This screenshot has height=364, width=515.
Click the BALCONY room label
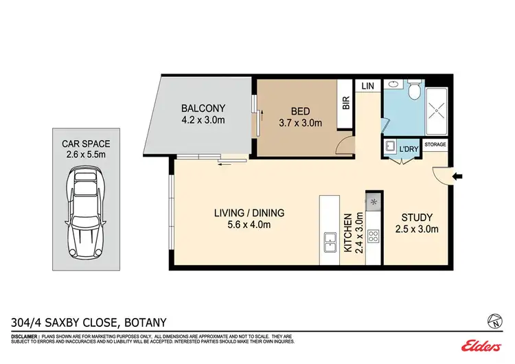pyautogui.click(x=203, y=109)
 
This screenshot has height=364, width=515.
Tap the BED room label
pyautogui.click(x=299, y=111)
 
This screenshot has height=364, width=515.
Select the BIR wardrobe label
pyautogui.click(x=346, y=102)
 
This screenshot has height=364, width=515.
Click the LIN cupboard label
pyautogui.click(x=367, y=85)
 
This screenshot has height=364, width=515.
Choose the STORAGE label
pyautogui.click(x=435, y=145)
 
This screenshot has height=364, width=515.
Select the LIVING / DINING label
pyautogui.click(x=249, y=212)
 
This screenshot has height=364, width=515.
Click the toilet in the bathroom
pyautogui.click(x=414, y=91)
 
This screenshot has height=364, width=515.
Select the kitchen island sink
pyautogui.click(x=329, y=242)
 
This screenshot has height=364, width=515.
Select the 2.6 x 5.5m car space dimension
pyautogui.click(x=84, y=156)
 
